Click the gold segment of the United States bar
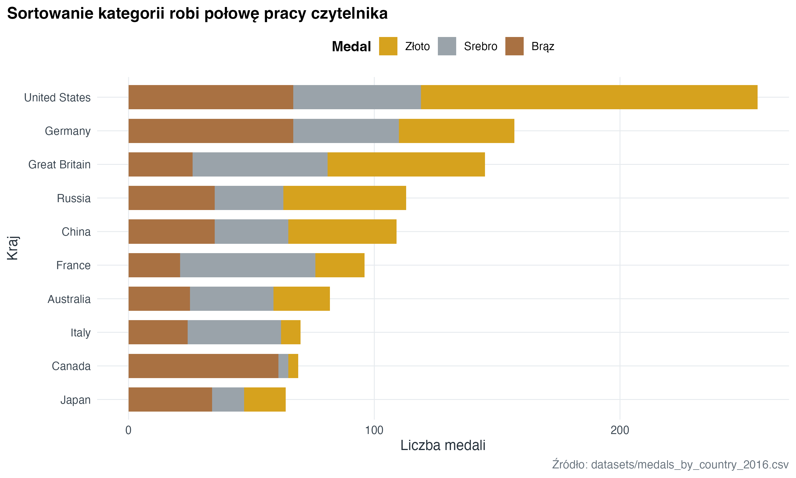coord(589,97)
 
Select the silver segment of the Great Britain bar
coord(260,164)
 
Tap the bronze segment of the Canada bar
coord(203,366)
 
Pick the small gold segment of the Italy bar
coord(290,332)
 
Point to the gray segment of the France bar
coord(248,265)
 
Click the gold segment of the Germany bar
coord(456,131)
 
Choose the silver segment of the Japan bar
coord(228,399)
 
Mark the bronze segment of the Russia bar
coord(171,198)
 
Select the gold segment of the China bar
coord(342,232)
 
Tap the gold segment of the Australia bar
coord(301,299)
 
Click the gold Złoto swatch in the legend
coord(388,46)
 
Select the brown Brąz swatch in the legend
coord(514,46)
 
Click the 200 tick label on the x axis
coord(620,430)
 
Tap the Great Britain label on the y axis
coord(60,165)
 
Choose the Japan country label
coord(76,400)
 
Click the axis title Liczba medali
coord(443,445)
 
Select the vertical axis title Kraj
coord(13,248)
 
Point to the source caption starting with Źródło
coord(670,465)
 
